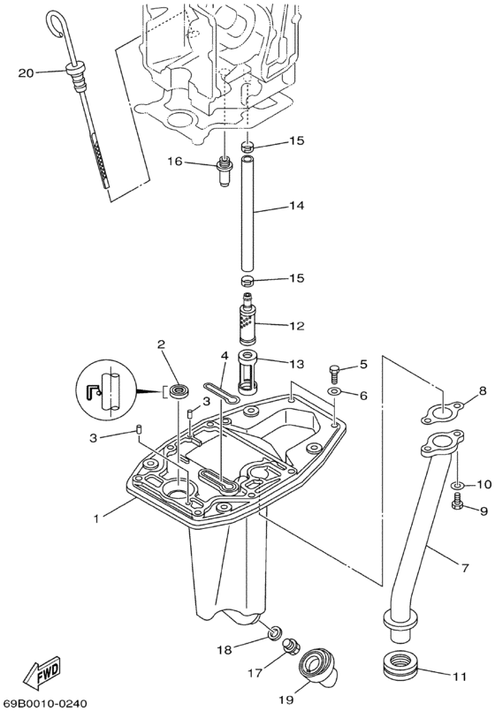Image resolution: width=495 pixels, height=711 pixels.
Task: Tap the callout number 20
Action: [26, 72]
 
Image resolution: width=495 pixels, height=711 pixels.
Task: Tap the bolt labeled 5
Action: [334, 373]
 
